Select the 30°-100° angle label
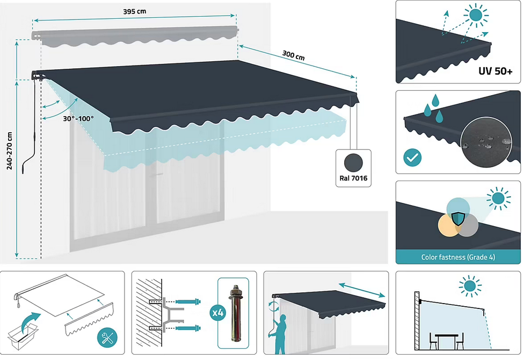[78, 118]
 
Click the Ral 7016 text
[352, 178]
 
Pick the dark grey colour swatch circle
[352, 161]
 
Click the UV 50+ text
[496, 71]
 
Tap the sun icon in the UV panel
[475, 16]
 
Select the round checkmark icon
[412, 157]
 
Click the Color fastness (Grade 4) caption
[457, 257]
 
